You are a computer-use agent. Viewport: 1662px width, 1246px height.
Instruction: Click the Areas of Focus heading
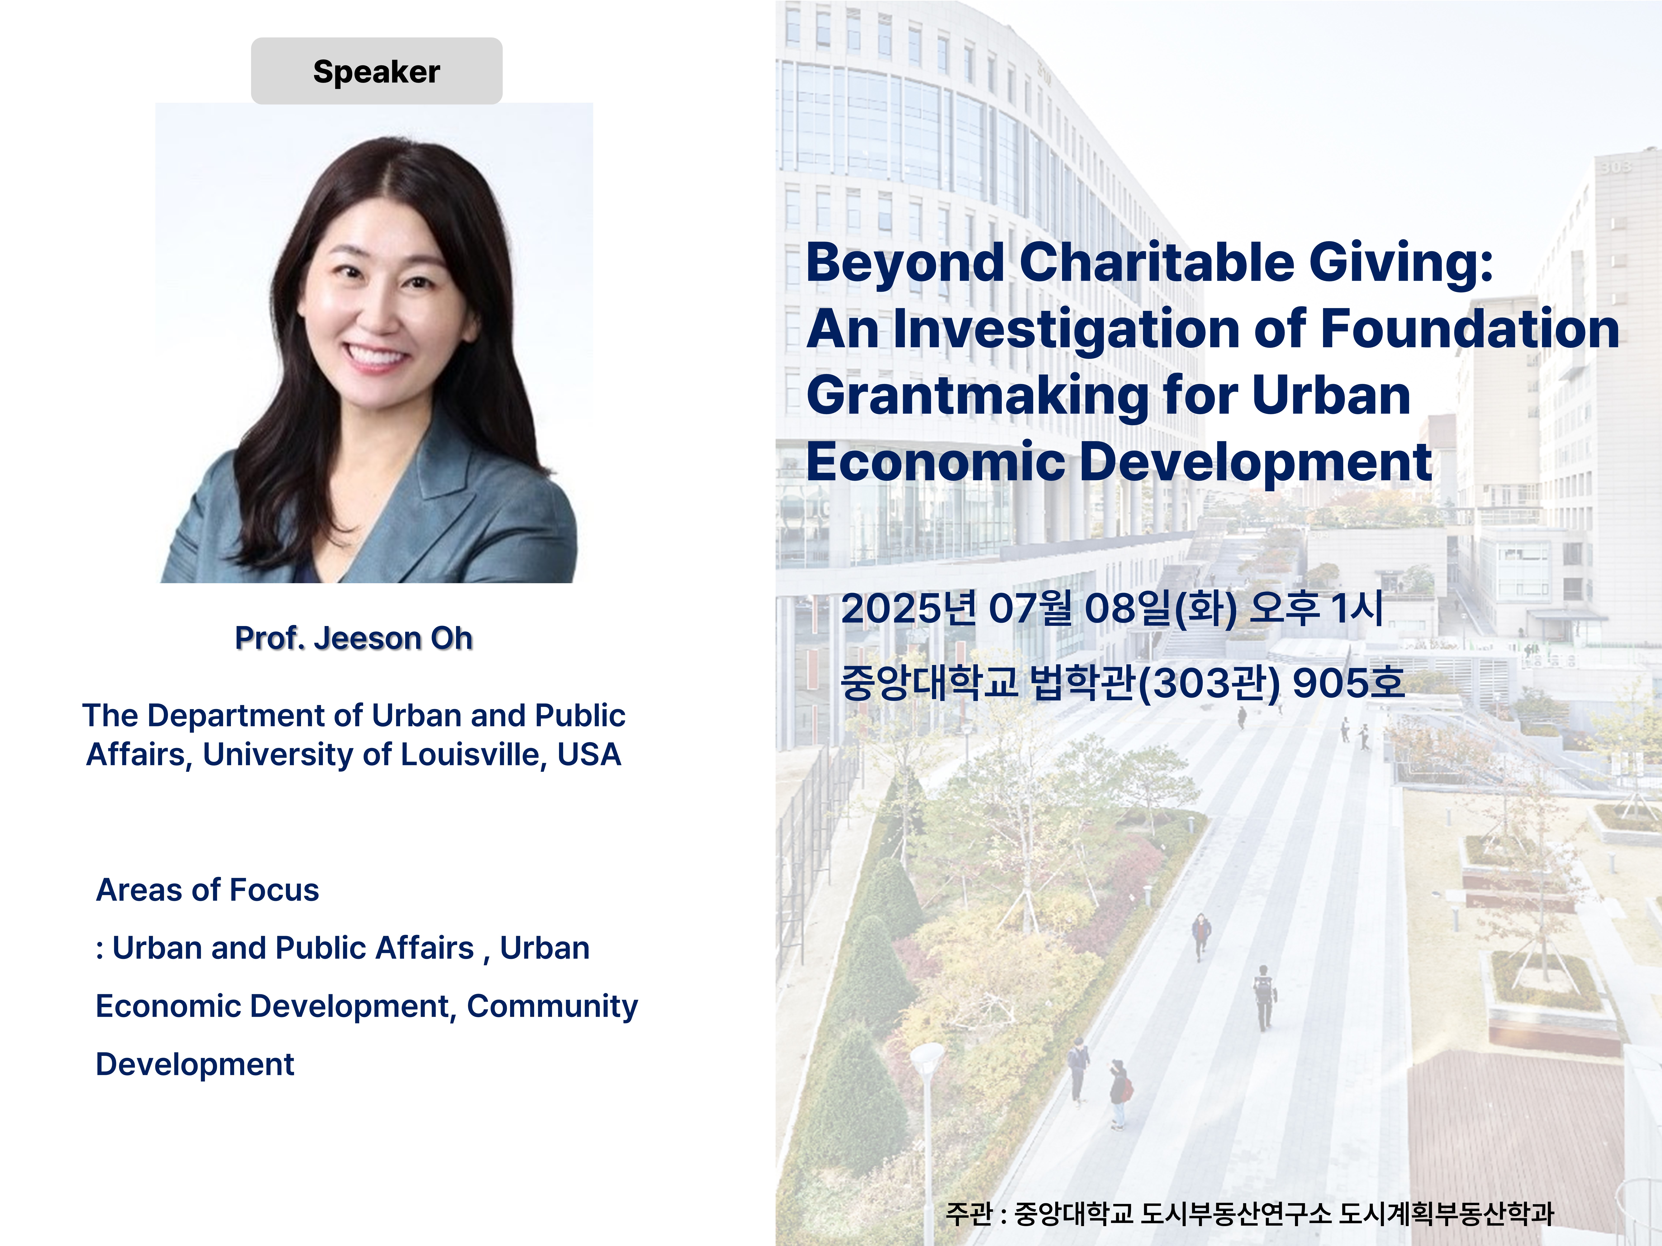207,890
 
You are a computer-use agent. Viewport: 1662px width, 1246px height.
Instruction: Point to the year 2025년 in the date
908,608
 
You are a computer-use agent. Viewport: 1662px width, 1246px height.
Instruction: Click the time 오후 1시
1315,608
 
